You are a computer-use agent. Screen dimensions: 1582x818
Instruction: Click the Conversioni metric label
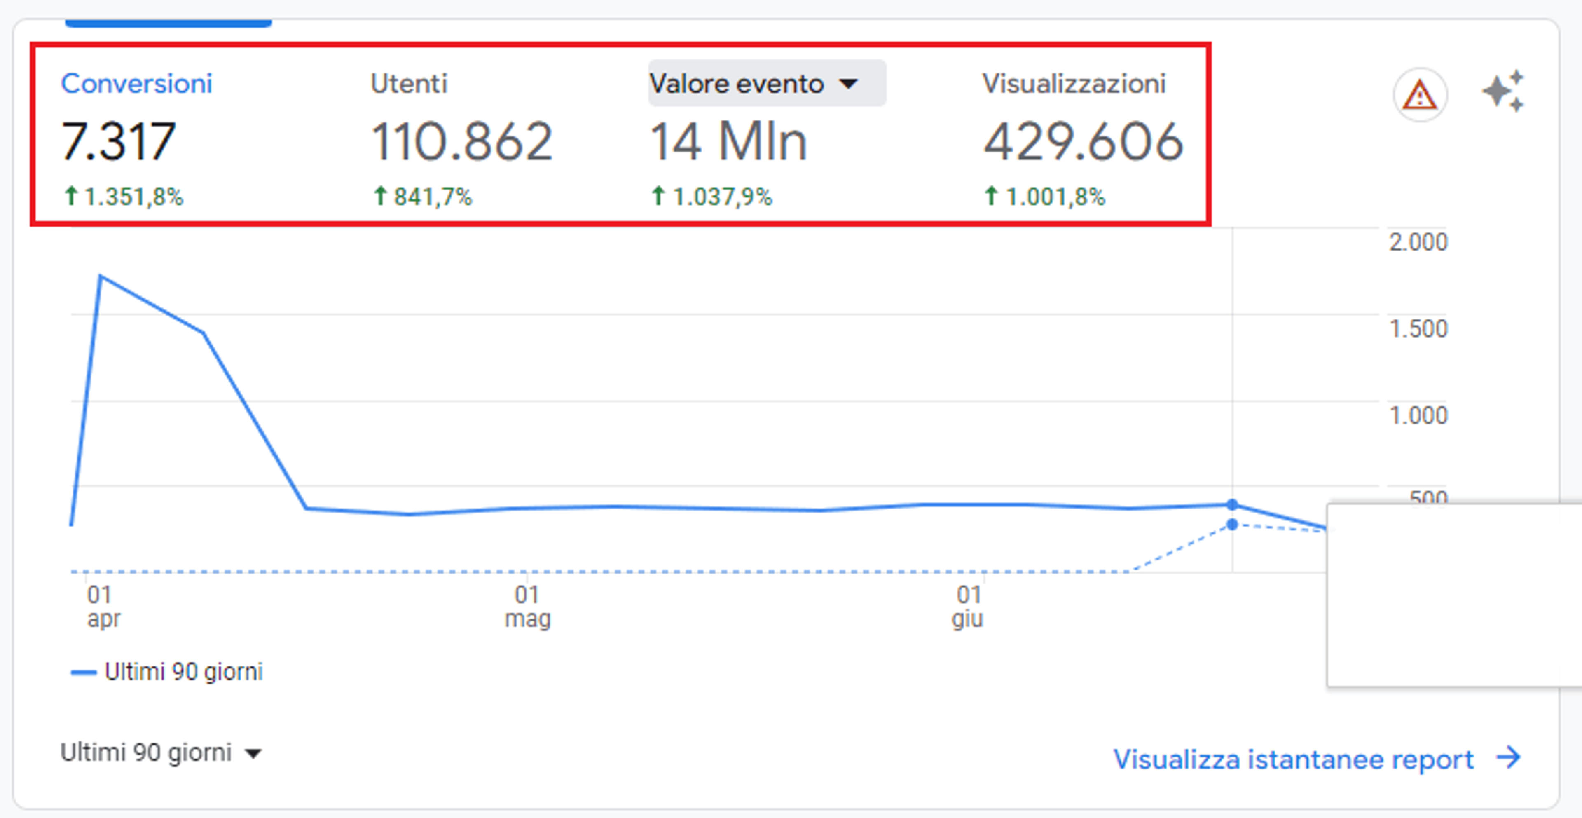click(136, 84)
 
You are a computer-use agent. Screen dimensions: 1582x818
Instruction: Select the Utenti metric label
click(409, 84)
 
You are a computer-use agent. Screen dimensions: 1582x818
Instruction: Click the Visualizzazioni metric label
click(1074, 84)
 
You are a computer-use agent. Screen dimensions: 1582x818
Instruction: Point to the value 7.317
click(119, 141)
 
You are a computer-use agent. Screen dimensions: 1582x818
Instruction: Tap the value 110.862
click(462, 141)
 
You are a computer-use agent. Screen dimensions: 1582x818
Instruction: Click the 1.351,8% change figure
click(124, 197)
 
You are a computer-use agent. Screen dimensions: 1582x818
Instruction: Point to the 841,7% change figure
click(423, 197)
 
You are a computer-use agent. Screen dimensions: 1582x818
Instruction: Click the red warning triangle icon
click(1420, 96)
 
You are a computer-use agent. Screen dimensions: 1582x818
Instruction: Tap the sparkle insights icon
click(1503, 91)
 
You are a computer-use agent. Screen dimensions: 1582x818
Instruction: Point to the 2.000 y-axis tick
click(1418, 242)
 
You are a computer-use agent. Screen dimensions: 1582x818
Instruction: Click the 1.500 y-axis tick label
click(1418, 328)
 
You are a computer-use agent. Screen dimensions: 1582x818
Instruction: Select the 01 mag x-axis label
click(527, 607)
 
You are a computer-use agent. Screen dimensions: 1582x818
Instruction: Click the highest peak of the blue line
click(101, 277)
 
